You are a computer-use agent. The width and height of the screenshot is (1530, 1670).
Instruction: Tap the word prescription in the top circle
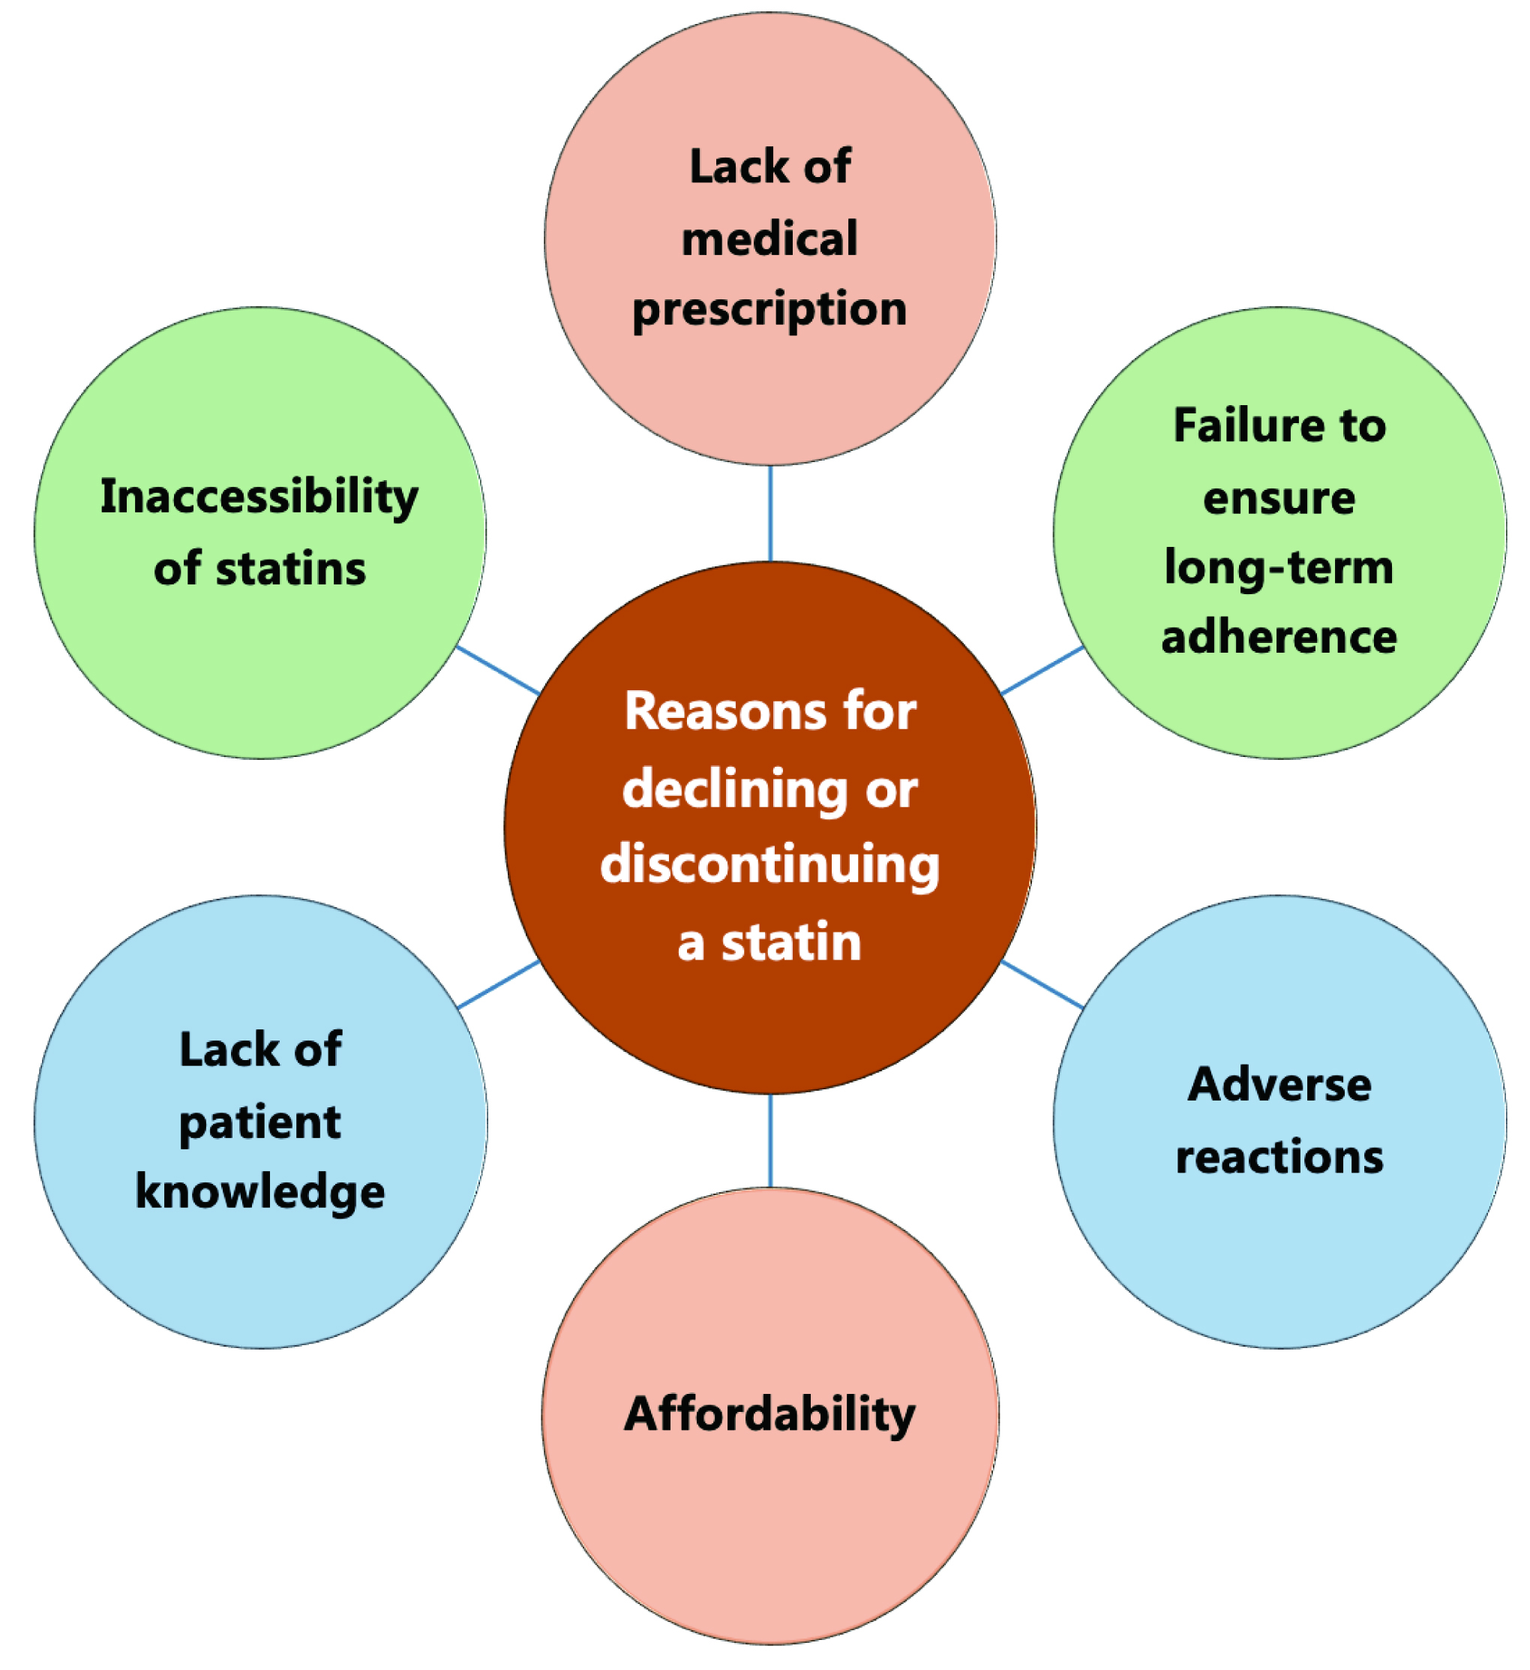coord(769,310)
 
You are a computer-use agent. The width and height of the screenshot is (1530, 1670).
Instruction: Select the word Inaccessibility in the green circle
coord(259,497)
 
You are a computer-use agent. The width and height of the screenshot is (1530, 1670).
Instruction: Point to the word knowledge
coord(260,1191)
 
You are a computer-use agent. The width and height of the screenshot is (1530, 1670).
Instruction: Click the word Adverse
coord(1279,1084)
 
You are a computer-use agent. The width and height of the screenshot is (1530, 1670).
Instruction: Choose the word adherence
coord(1279,637)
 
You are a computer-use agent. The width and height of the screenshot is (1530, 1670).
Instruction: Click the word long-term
coord(1279,568)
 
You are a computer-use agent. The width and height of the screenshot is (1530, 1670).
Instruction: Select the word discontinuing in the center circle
coord(769,864)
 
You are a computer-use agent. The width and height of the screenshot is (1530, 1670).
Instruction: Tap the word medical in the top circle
coord(769,239)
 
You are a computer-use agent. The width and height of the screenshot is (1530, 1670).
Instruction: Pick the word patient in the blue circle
coord(260,1122)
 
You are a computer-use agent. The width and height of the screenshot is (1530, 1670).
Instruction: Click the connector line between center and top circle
coord(770,514)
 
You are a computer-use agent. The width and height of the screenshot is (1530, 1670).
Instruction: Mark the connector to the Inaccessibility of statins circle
coord(499,670)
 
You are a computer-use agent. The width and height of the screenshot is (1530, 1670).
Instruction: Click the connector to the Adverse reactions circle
coord(1042,984)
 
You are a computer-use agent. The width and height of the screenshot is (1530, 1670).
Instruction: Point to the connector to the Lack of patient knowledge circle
coord(499,984)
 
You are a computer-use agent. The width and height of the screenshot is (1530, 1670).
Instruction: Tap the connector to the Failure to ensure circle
coord(1042,670)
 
